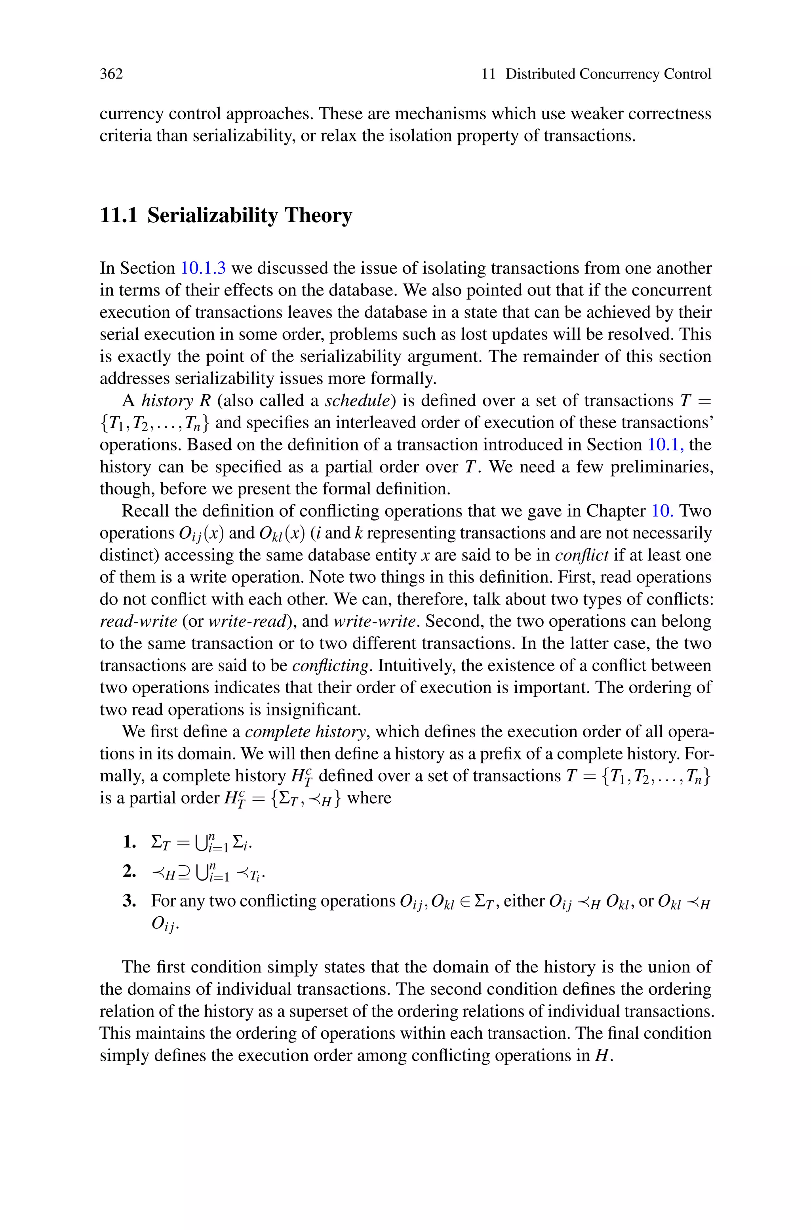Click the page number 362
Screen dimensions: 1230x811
click(x=111, y=74)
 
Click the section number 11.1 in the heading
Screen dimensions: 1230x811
click(x=118, y=215)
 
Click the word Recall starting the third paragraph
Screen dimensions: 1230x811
click(x=145, y=511)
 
